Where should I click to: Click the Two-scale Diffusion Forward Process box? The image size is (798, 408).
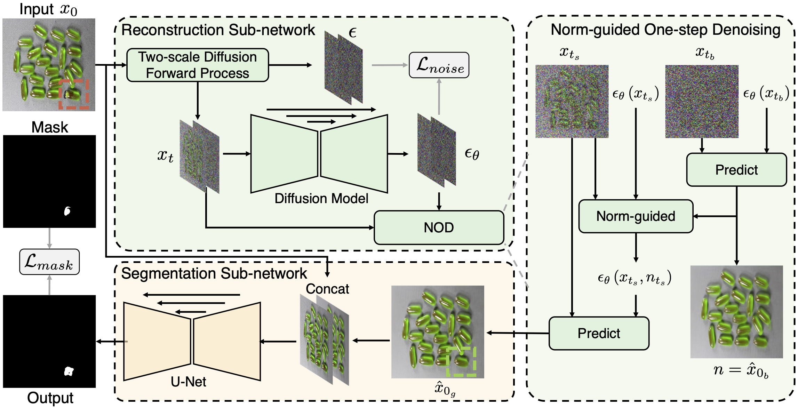point(197,65)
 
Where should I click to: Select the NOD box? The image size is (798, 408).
point(439,227)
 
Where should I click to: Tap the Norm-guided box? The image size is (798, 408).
point(636,216)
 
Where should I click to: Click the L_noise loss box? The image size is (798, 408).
point(439,65)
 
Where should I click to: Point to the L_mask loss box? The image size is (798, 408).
point(49,262)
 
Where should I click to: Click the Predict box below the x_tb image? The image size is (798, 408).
point(736,170)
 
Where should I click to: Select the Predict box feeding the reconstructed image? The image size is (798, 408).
point(599,333)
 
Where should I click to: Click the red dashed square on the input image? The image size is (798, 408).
point(74,94)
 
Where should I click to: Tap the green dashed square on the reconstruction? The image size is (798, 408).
point(461,362)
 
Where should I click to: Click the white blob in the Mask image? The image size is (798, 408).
point(67,211)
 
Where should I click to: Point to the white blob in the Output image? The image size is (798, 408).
point(69,371)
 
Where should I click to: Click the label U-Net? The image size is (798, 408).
point(188,382)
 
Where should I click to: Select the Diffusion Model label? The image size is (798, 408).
point(321,199)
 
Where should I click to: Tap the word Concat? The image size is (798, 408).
point(327,289)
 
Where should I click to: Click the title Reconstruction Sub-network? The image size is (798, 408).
point(218,30)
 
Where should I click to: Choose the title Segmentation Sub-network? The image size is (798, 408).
point(214,273)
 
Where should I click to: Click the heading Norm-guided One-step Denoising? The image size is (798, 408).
point(665,30)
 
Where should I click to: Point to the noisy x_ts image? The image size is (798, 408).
point(572,101)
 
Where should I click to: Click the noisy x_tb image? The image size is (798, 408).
point(702,101)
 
